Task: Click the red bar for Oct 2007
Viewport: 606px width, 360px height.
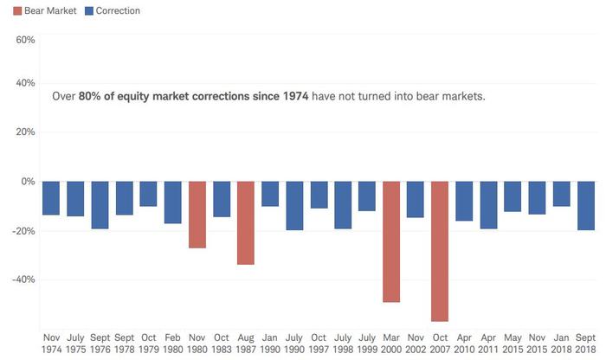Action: click(440, 251)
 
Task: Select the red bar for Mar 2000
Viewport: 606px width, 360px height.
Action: click(391, 241)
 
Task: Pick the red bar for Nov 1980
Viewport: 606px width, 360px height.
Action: click(197, 215)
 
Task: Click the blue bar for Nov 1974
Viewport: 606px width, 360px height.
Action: click(51, 198)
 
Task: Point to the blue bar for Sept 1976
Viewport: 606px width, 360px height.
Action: click(100, 205)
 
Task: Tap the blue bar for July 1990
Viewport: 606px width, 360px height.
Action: click(294, 206)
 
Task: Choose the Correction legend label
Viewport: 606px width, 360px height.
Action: click(119, 11)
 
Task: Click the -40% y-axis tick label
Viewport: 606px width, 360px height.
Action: click(22, 280)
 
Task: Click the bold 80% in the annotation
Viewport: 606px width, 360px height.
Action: click(89, 96)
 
